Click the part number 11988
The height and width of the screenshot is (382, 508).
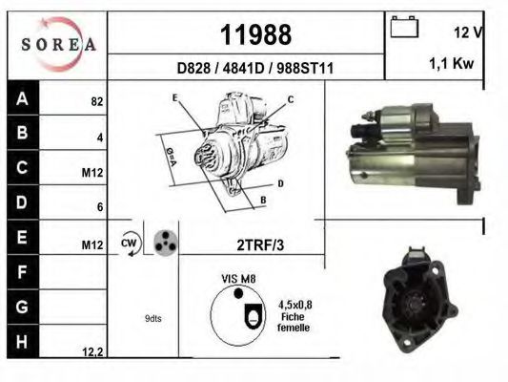pos(255,35)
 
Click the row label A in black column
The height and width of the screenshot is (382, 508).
pos(22,98)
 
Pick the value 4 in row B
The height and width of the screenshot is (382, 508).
pos(99,137)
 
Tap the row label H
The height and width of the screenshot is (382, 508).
pos(22,340)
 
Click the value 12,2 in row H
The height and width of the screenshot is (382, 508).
pos(91,351)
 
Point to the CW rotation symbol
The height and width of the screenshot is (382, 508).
pos(129,244)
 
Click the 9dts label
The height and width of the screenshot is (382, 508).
pos(153,318)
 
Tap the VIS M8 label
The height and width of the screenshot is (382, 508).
pos(239,279)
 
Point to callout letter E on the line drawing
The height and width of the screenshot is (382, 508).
pos(175,98)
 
